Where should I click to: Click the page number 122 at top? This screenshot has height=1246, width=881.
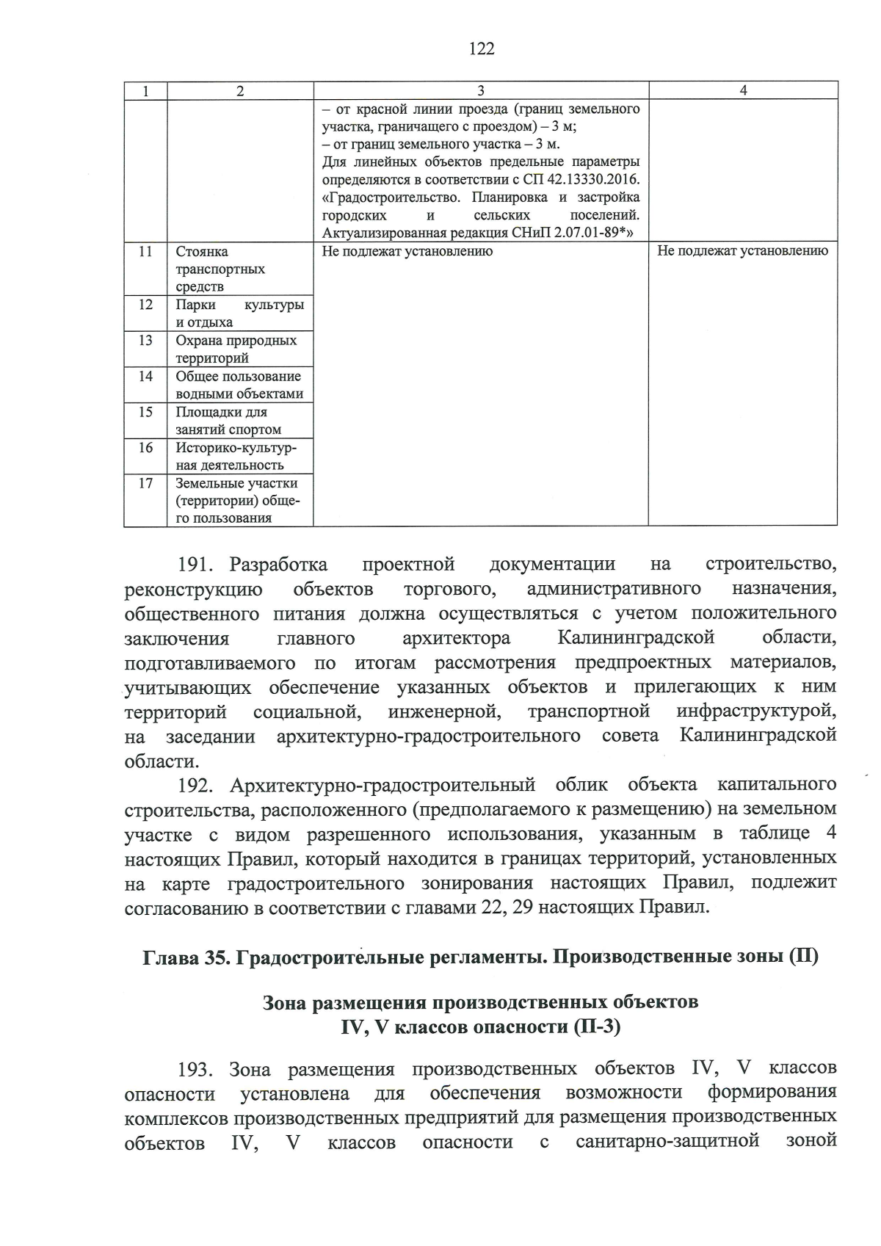tap(481, 49)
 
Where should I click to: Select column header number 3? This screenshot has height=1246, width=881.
tap(480, 90)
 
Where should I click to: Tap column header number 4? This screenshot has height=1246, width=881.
tap(743, 90)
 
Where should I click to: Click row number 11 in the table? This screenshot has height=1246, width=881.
tap(145, 251)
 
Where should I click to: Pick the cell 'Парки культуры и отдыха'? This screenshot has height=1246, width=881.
tap(239, 314)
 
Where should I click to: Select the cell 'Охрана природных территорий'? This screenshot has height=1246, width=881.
tap(236, 349)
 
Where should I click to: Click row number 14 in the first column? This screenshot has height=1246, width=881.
tap(145, 376)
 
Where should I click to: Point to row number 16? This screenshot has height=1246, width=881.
tap(145, 447)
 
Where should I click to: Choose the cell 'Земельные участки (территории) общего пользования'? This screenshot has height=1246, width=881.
tap(236, 501)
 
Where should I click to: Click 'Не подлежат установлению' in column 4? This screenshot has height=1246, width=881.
tap(742, 251)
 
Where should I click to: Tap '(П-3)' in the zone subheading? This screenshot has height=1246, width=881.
tap(596, 1026)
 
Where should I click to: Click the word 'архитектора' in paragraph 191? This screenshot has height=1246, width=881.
tap(456, 639)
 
